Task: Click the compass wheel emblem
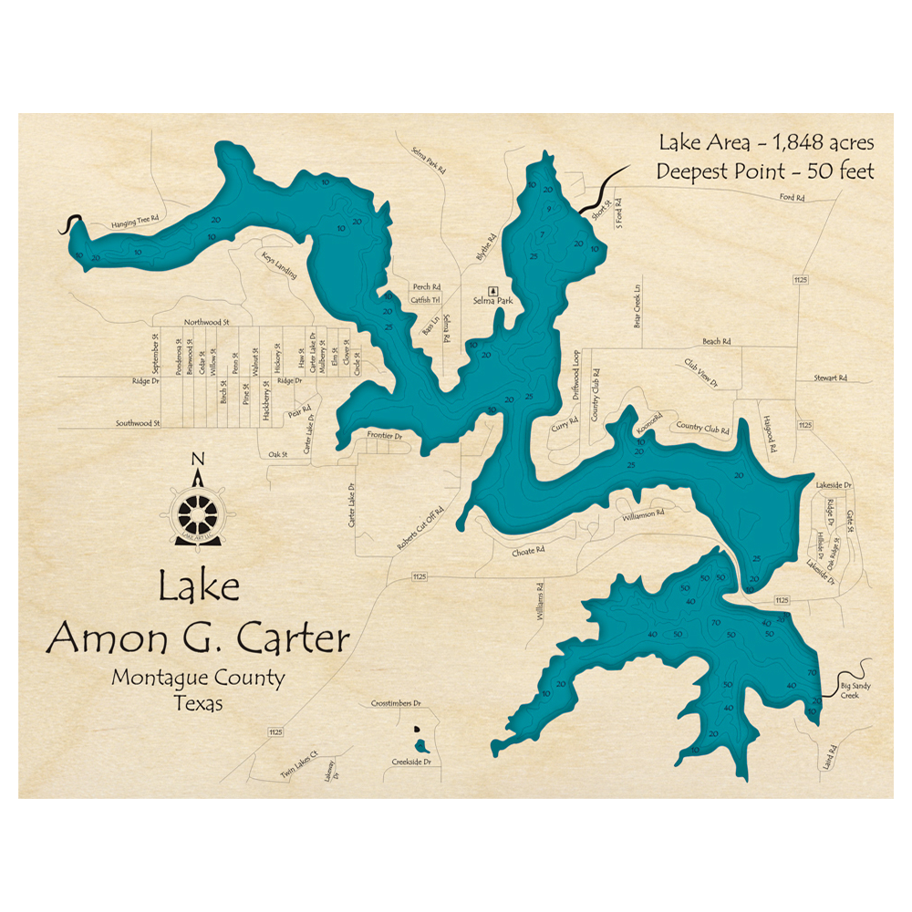[198, 516]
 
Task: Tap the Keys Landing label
[278, 265]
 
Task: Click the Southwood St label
[138, 423]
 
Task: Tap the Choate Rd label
[528, 551]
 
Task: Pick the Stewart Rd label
[831, 378]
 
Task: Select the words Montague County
[198, 678]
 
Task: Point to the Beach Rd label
[716, 341]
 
